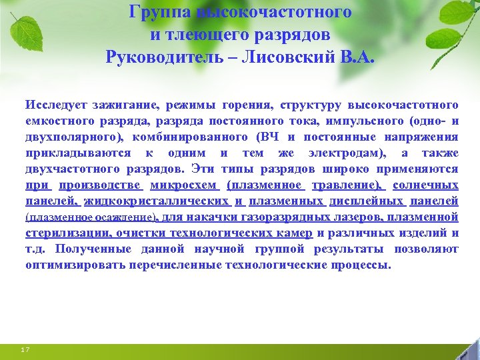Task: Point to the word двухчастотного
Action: pos(71,169)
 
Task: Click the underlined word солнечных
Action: pos(426,185)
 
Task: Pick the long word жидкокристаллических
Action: pos(157,201)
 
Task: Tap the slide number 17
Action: pos(25,349)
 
